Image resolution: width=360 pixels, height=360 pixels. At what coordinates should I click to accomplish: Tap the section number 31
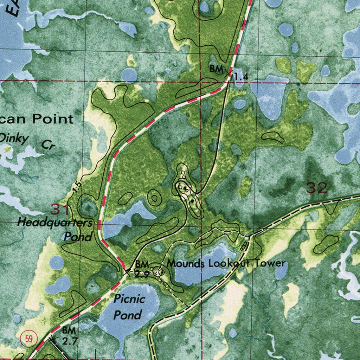click(x=60, y=210)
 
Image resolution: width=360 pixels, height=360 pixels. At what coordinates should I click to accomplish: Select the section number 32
click(x=316, y=188)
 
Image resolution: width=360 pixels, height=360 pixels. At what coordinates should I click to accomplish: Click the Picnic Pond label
click(x=129, y=307)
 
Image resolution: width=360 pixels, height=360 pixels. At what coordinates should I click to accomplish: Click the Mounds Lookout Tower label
click(x=226, y=263)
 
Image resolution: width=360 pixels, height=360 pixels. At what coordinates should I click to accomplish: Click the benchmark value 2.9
click(x=142, y=275)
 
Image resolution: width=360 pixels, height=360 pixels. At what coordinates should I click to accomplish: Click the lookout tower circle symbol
click(x=161, y=272)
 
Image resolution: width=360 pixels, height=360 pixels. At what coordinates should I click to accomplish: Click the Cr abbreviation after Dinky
click(x=49, y=144)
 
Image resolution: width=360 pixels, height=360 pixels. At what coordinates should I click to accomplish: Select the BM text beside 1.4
click(x=216, y=69)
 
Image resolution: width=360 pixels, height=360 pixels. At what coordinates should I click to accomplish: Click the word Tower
click(x=271, y=263)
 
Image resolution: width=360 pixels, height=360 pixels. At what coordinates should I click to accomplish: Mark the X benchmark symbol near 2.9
click(x=127, y=271)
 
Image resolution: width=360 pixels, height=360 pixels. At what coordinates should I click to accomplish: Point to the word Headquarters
click(x=54, y=222)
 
